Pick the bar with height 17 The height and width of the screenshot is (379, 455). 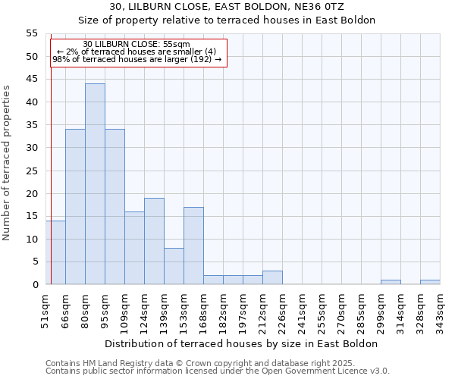pos(193,246)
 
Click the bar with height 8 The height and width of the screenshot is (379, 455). pos(174,266)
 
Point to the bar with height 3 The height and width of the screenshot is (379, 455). pos(272,277)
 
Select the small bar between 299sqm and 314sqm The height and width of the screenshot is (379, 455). pos(391,282)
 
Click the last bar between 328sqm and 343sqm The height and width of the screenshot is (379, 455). pos(430,282)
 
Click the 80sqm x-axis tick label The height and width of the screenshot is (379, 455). pos(86,306)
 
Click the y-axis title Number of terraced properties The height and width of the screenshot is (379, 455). pos(8,163)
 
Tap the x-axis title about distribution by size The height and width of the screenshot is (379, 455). pos(242,343)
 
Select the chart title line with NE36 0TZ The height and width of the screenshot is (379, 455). pos(227,7)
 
